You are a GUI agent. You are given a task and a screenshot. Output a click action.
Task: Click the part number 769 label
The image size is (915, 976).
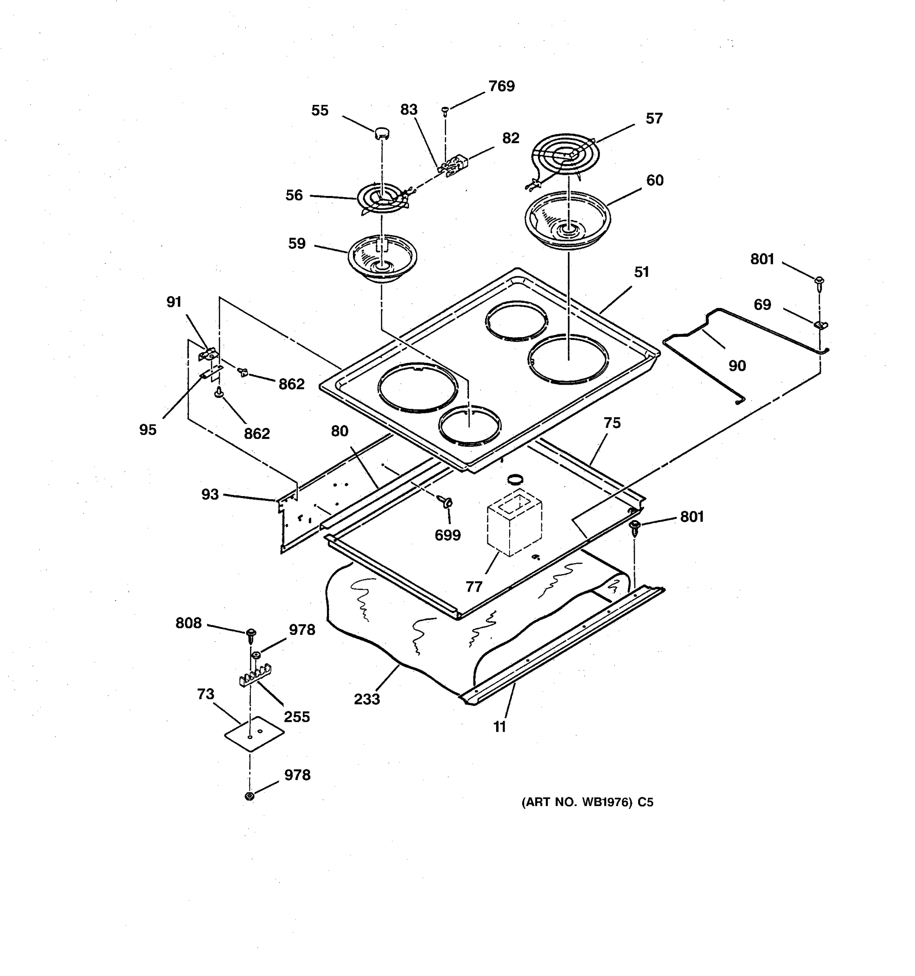pyautogui.click(x=501, y=86)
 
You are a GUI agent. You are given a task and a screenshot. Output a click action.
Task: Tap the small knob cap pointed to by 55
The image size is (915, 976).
pyautogui.click(x=382, y=132)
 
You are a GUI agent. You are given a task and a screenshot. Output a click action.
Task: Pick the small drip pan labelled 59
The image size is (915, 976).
pyautogui.click(x=382, y=258)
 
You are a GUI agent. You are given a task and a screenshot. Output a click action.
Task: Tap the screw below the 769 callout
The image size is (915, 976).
pyautogui.click(x=445, y=110)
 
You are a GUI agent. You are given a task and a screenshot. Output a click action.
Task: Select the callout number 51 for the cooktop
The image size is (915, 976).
pyautogui.click(x=641, y=272)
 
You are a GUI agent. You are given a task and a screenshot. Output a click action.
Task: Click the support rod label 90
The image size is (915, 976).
pyautogui.click(x=737, y=366)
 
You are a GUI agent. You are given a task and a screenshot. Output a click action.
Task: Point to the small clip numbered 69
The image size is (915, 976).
pyautogui.click(x=820, y=324)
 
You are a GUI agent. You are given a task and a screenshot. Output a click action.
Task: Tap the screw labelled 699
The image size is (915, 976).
pyautogui.click(x=446, y=502)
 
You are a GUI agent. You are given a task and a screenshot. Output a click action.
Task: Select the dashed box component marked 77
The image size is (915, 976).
pyautogui.click(x=514, y=525)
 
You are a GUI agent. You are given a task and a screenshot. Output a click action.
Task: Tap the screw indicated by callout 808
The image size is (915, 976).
pyautogui.click(x=251, y=634)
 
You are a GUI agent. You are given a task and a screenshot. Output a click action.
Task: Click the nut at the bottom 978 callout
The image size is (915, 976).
pyautogui.click(x=249, y=796)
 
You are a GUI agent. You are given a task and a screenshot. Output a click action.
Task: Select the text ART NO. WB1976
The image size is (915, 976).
pyautogui.click(x=577, y=802)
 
